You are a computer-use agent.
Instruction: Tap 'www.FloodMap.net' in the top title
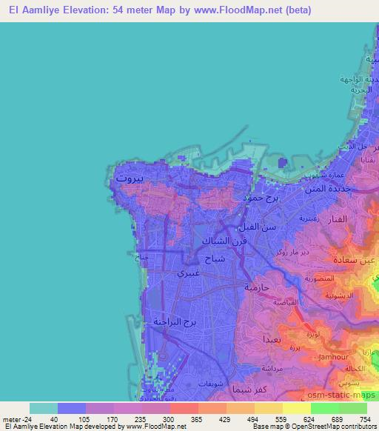[238, 10]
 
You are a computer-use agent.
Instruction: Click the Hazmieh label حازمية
[260, 286]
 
